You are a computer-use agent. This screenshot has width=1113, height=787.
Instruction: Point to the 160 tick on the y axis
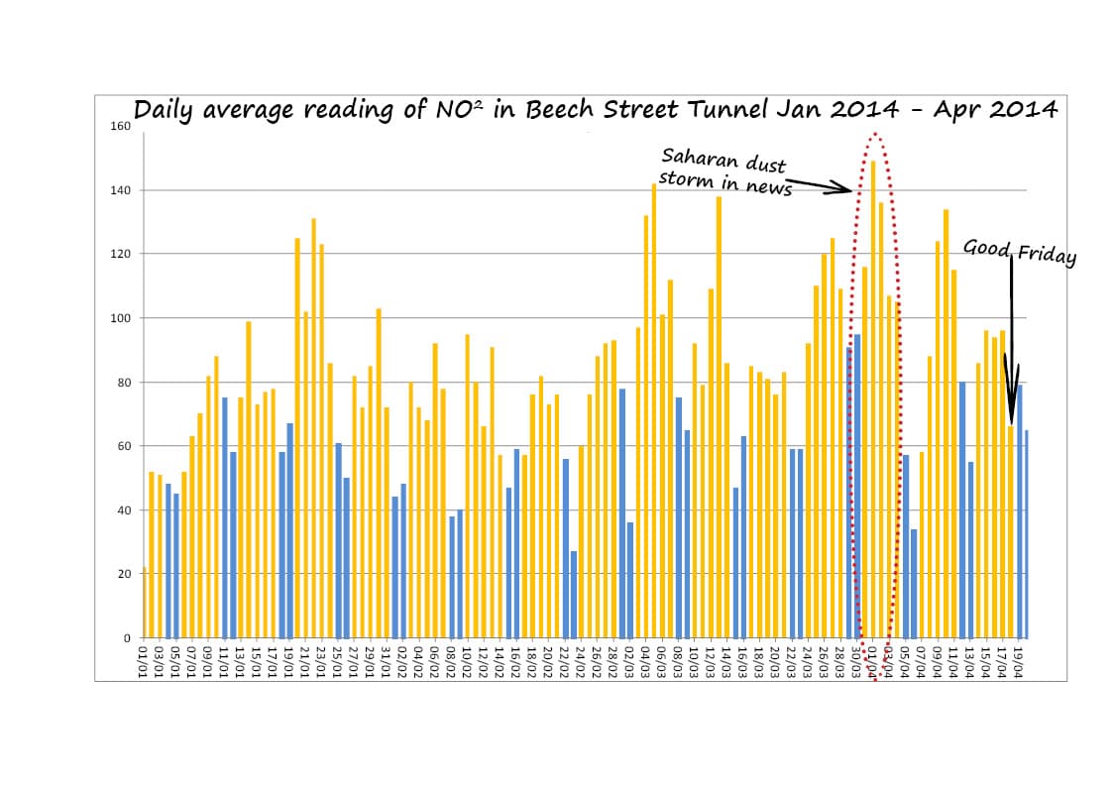tap(120, 126)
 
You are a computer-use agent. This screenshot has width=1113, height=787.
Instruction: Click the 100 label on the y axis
tap(120, 318)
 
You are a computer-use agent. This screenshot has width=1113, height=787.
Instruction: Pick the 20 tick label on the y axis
tap(124, 574)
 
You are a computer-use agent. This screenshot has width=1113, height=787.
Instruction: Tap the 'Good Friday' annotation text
tap(1019, 252)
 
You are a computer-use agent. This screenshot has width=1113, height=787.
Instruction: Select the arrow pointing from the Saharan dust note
tap(819, 185)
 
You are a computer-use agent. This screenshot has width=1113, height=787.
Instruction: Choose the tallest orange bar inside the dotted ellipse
tap(873, 396)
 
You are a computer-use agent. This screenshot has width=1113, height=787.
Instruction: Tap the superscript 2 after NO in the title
tap(477, 101)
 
